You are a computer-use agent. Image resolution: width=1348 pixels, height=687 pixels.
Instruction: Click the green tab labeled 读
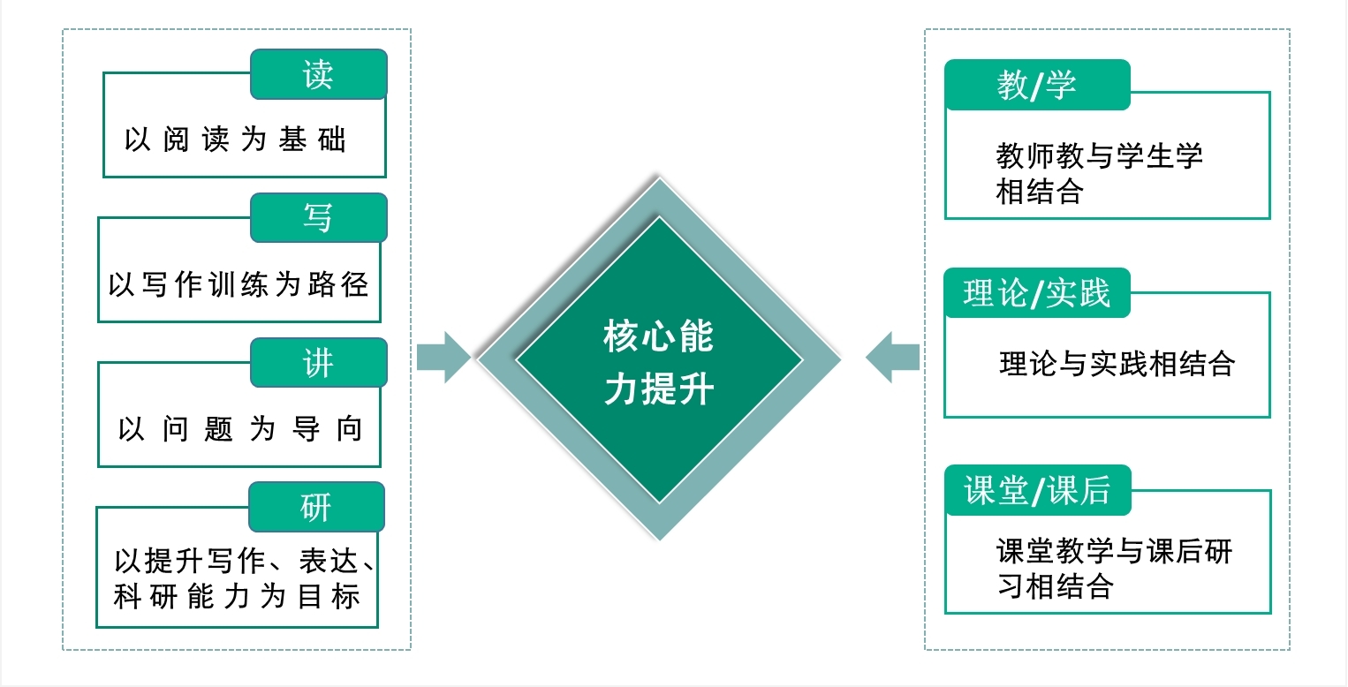tap(318, 74)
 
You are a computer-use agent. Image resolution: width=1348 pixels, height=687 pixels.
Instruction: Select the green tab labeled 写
tap(318, 217)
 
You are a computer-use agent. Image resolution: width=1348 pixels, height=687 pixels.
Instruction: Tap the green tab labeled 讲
tap(318, 362)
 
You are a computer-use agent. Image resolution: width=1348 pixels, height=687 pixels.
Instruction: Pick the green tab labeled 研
tap(316, 506)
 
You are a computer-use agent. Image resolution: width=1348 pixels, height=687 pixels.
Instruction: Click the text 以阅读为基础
tap(235, 140)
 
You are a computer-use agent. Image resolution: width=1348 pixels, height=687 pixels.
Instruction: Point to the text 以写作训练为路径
tap(239, 284)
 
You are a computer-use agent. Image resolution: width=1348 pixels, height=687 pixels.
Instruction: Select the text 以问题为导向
tap(240, 429)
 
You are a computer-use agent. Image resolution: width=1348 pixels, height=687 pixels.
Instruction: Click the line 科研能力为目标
tap(237, 597)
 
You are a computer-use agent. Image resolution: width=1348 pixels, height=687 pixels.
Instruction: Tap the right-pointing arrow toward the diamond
tap(443, 358)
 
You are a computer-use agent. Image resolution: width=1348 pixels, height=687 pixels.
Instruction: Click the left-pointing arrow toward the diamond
tap(892, 358)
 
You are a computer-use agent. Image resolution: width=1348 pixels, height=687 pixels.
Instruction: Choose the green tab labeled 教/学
tap(1037, 85)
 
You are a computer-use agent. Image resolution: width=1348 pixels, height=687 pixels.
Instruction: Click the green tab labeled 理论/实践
tap(1037, 293)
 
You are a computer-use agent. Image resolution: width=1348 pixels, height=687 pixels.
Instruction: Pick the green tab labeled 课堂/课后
tap(1037, 491)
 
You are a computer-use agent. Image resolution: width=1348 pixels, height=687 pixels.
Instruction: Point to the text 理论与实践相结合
tap(1117, 363)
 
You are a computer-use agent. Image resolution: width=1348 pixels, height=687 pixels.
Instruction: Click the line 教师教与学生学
tap(1100, 156)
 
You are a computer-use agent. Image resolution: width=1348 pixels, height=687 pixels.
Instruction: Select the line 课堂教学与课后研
tap(1114, 552)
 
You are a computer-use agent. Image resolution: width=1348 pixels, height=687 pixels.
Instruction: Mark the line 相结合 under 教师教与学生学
tap(1040, 191)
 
